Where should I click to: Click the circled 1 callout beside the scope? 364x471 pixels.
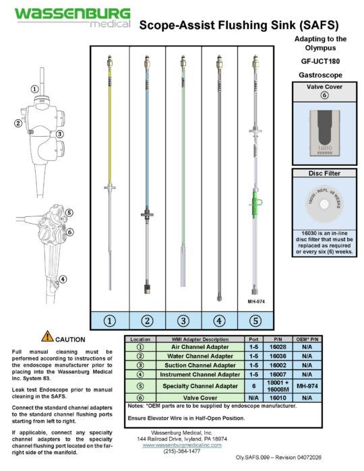point(34,89)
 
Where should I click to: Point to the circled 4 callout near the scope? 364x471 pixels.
point(62,280)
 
